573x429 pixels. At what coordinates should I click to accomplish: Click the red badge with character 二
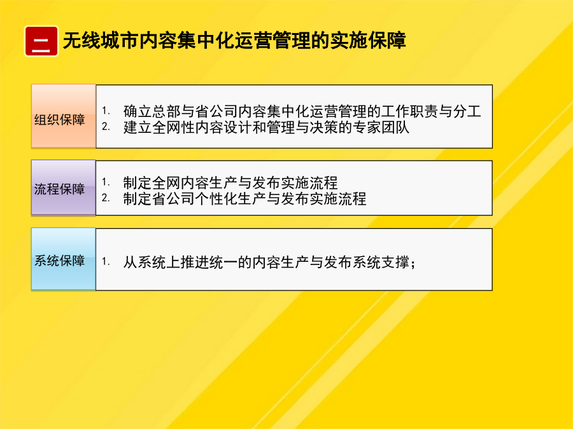tap(41, 41)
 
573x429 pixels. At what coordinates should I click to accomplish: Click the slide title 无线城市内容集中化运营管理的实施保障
tap(234, 41)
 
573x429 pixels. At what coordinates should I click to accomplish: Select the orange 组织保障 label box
tap(64, 116)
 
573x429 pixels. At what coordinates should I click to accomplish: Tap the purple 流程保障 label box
tap(64, 187)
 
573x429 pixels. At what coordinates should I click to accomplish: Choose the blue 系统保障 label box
tap(64, 259)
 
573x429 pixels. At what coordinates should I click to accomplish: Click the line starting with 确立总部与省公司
tap(302, 111)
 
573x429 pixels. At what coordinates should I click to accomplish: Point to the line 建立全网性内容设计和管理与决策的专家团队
tap(266, 128)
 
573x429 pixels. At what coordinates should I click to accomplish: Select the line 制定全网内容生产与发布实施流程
tap(230, 182)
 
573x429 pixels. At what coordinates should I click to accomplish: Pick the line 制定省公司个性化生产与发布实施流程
tap(244, 199)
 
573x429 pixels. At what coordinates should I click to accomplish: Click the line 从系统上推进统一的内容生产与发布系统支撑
tap(269, 262)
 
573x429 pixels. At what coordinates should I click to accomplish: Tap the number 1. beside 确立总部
tap(106, 111)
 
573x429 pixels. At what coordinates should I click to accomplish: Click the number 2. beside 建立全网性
tap(106, 126)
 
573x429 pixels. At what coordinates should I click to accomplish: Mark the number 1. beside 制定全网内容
tap(106, 182)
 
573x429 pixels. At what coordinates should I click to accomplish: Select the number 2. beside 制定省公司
tap(106, 198)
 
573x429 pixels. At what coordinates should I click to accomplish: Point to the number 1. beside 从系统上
tap(106, 261)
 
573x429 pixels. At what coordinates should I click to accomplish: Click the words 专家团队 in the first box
tap(381, 128)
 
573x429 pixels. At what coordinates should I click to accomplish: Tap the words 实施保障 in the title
tap(368, 41)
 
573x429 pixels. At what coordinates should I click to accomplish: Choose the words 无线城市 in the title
tap(101, 41)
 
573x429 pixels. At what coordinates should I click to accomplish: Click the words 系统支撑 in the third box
tap(381, 262)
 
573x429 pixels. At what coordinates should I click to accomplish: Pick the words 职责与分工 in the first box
tap(445, 111)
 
